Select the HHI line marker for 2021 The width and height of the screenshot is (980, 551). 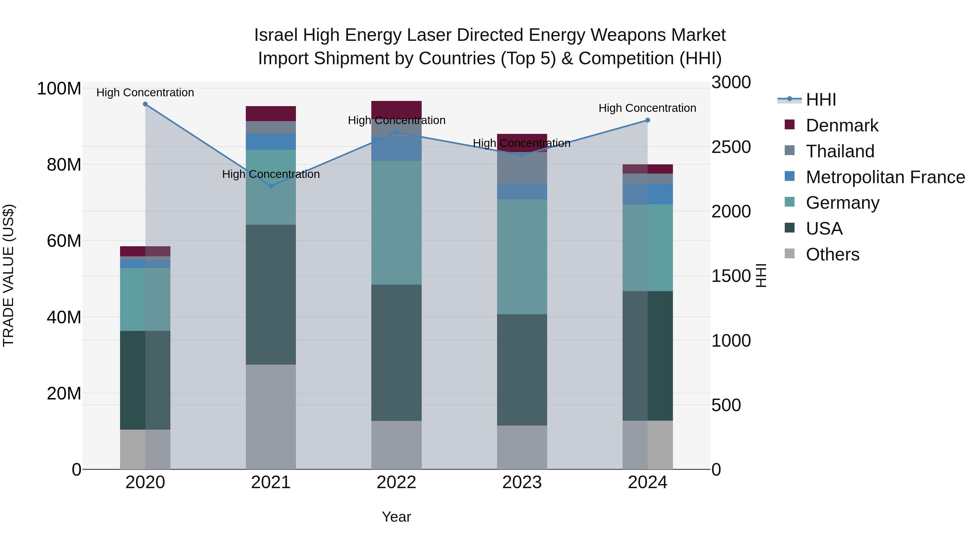click(271, 186)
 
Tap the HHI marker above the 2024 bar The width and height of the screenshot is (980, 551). click(648, 120)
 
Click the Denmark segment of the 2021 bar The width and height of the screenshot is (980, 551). click(271, 113)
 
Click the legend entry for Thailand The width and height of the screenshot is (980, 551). click(840, 151)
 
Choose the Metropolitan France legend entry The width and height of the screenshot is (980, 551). click(885, 177)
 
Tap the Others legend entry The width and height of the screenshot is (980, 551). click(832, 254)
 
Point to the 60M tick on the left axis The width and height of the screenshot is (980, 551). click(64, 241)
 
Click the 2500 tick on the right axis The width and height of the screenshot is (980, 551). click(731, 147)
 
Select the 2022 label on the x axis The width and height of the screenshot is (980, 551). click(396, 482)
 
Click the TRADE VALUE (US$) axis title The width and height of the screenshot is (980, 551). click(8, 275)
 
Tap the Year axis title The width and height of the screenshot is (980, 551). click(396, 517)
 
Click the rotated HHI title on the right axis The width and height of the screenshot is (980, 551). click(761, 275)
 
